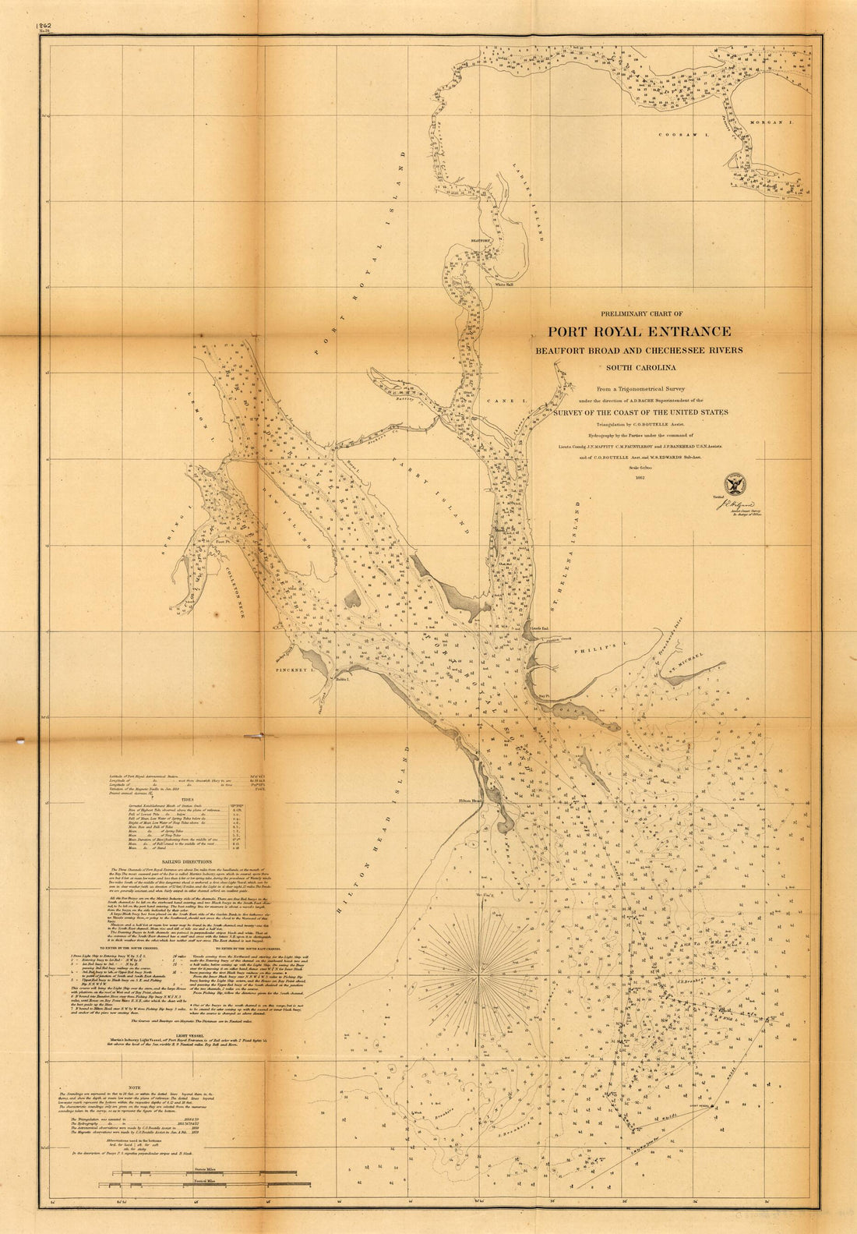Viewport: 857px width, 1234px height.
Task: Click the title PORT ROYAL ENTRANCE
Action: [638, 332]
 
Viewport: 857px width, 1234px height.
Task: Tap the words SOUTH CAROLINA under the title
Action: [638, 366]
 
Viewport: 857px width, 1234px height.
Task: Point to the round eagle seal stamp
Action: [735, 483]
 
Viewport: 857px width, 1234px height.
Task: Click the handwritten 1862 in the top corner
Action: [44, 26]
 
